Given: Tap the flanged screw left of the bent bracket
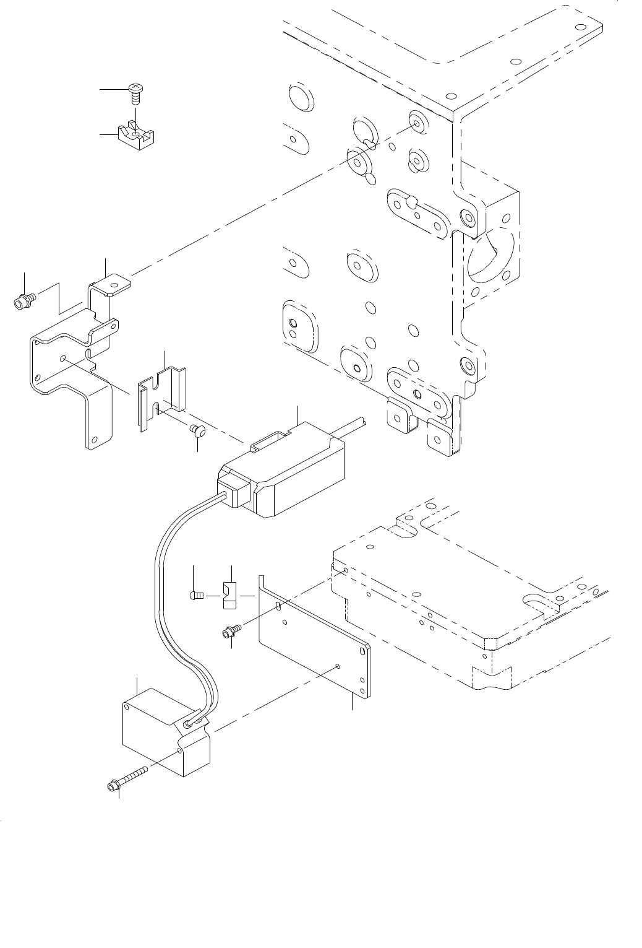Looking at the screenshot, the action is click(x=23, y=302).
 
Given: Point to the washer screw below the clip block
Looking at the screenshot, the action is click(x=229, y=632).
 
